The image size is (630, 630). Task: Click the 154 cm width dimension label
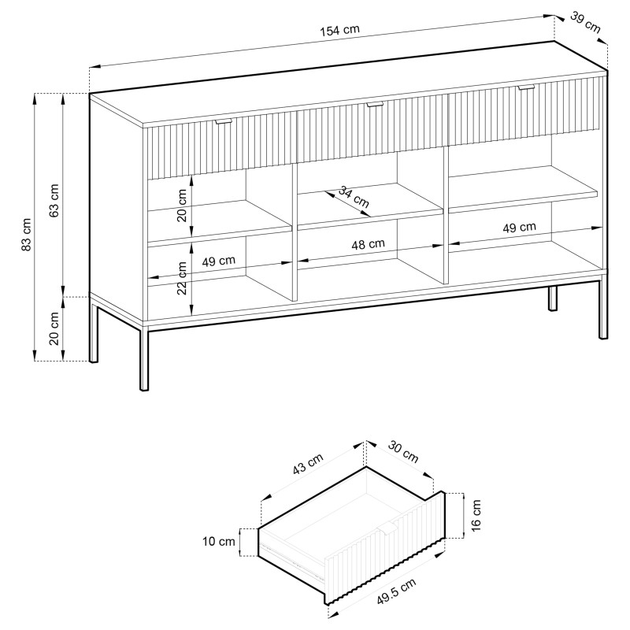[339, 30]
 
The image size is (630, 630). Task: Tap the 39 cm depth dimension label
[585, 23]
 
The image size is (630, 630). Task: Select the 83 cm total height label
[26, 235]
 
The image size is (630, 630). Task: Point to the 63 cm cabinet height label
[54, 201]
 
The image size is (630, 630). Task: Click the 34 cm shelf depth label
[353, 197]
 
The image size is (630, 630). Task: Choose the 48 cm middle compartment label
[368, 244]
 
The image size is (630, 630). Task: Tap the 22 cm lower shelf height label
[182, 278]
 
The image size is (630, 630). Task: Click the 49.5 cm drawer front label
[397, 591]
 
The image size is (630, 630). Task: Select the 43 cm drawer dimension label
[308, 464]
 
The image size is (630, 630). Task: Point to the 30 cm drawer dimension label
[403, 452]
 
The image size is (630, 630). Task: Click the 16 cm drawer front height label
[476, 516]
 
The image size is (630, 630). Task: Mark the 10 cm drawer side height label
[219, 542]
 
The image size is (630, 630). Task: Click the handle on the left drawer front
[223, 122]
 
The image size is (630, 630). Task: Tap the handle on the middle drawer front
[375, 105]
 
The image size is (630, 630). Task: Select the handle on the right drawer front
[526, 87]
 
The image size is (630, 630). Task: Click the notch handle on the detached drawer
[387, 528]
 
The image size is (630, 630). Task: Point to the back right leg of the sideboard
[553, 298]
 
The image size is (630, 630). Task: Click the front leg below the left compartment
[144, 359]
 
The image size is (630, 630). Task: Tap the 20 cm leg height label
[54, 328]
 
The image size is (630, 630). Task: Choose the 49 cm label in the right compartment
[520, 228]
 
